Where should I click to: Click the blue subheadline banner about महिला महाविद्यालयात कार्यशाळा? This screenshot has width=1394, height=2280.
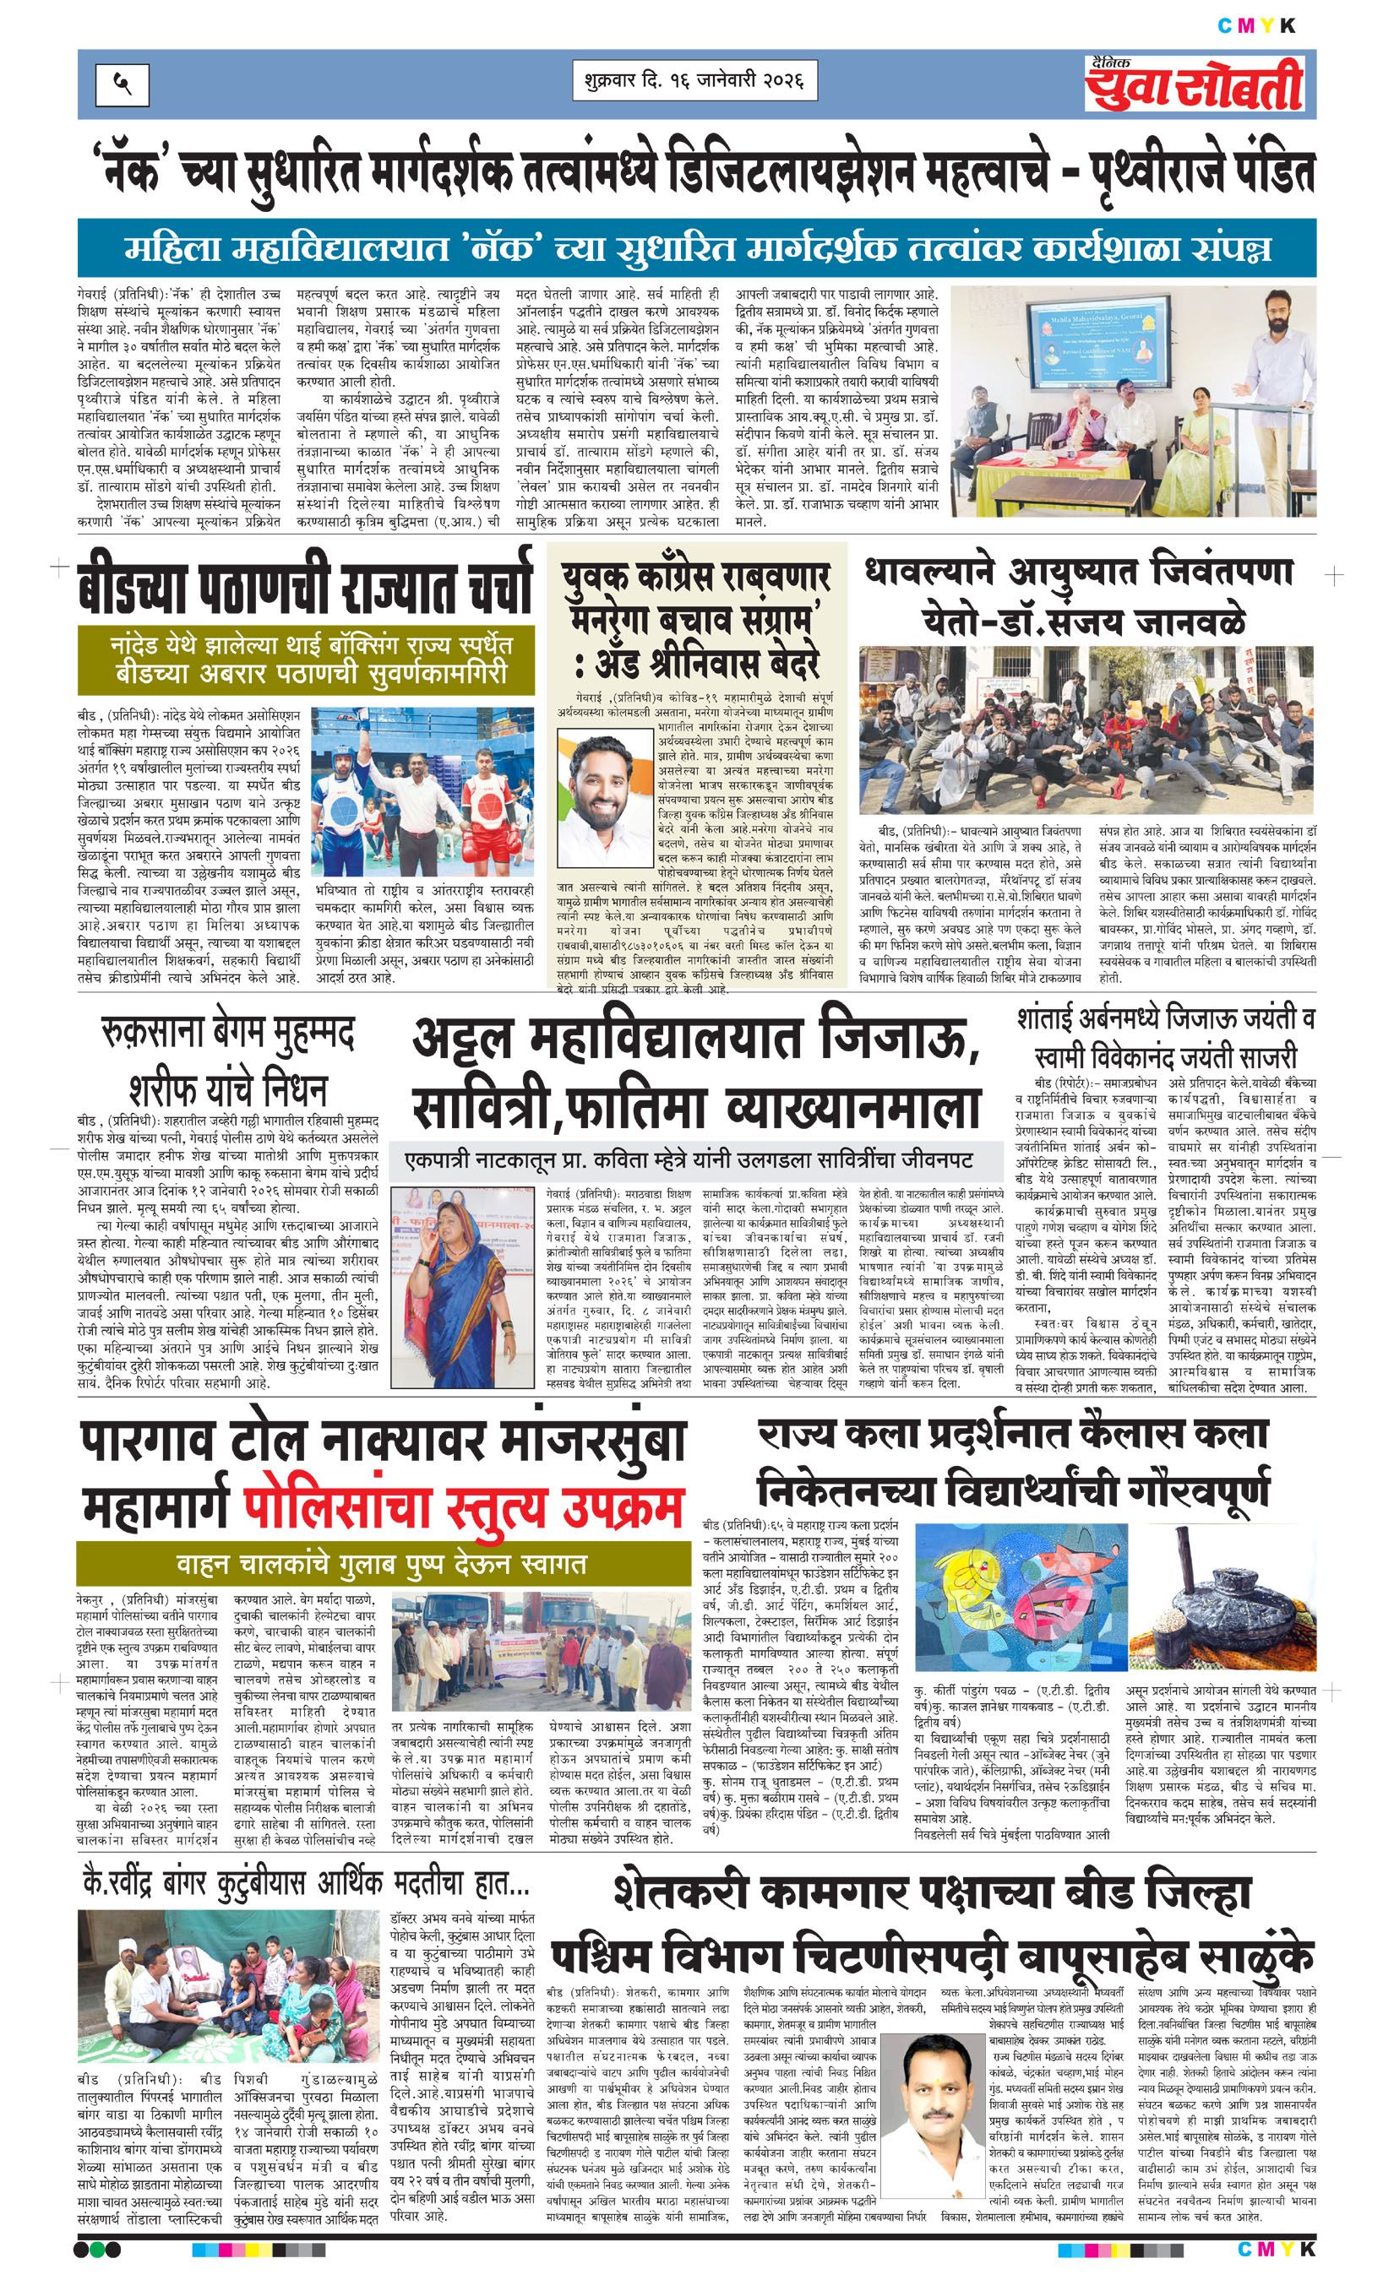698,248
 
